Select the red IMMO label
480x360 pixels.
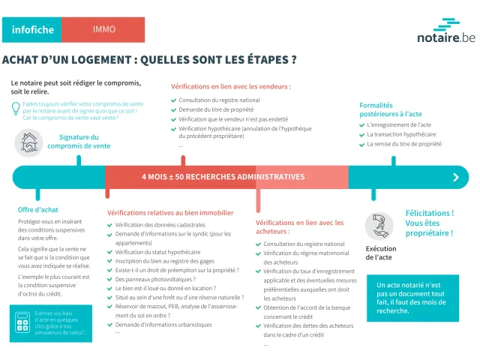(x=104, y=30)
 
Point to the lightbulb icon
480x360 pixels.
(x=16, y=109)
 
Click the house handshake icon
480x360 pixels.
(x=28, y=142)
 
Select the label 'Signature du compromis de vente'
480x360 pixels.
(x=73, y=142)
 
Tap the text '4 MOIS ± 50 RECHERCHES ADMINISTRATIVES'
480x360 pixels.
(x=223, y=177)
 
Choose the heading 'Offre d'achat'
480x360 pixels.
(x=38, y=210)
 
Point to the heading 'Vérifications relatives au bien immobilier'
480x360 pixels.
(x=170, y=213)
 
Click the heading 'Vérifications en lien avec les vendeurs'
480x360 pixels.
(x=230, y=86)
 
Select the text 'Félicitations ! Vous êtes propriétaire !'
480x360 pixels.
(x=429, y=223)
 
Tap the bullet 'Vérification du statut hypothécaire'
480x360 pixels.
(x=157, y=252)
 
